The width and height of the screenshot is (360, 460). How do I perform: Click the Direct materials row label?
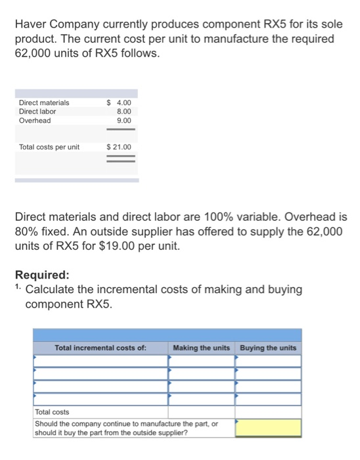coord(44,103)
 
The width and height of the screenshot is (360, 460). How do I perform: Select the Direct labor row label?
coord(37,112)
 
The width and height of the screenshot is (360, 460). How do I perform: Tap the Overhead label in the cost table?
coord(35,121)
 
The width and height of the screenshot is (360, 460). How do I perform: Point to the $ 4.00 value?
coord(119,103)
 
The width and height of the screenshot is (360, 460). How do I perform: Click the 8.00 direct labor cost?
coord(124,112)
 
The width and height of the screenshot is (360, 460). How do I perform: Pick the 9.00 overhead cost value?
coord(124,121)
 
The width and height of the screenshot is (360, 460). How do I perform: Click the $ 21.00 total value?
coord(119,147)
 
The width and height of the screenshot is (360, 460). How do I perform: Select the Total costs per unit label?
coord(49,147)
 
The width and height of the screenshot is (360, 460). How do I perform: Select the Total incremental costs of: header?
coord(101,348)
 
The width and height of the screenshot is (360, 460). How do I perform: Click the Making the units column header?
coord(202,348)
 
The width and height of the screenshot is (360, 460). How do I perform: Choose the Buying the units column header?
coord(268,348)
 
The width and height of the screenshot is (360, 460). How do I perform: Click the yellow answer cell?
coord(268,428)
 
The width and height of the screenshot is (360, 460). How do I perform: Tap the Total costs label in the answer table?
coord(52,411)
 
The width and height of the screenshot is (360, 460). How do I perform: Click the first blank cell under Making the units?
coord(202,361)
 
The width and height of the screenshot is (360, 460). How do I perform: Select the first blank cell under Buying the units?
coord(268,361)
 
